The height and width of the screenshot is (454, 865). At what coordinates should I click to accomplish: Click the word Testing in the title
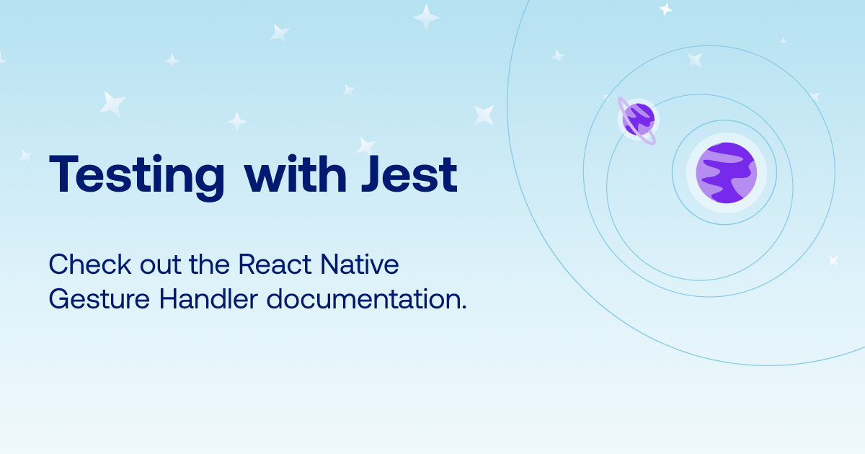pyautogui.click(x=137, y=177)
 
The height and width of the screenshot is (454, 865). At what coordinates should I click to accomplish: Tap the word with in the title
pyautogui.click(x=296, y=174)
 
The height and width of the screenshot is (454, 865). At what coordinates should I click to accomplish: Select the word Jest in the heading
pyautogui.click(x=409, y=174)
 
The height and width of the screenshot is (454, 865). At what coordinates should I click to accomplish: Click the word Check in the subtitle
pyautogui.click(x=90, y=264)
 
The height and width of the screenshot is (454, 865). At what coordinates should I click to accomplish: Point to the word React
pyautogui.click(x=275, y=264)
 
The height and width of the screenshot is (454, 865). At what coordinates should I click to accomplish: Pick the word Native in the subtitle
pyautogui.click(x=360, y=264)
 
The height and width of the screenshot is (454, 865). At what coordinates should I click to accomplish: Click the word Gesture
pyautogui.click(x=99, y=300)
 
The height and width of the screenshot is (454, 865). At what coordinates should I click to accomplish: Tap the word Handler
pyautogui.click(x=208, y=299)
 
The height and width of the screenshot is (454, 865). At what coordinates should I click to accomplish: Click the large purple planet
pyautogui.click(x=727, y=173)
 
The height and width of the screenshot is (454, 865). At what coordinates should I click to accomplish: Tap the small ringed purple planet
pyautogui.click(x=637, y=120)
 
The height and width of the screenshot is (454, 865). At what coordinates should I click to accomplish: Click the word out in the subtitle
pyautogui.click(x=160, y=266)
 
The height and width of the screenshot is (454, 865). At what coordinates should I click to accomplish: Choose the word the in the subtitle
pyautogui.click(x=210, y=264)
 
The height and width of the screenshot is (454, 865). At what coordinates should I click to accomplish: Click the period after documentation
pyautogui.click(x=463, y=306)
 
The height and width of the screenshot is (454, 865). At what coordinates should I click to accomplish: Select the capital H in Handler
pyautogui.click(x=169, y=299)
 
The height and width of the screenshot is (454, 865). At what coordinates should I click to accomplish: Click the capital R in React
pyautogui.click(x=247, y=264)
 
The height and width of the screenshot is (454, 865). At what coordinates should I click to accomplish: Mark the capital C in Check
pyautogui.click(x=59, y=264)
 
